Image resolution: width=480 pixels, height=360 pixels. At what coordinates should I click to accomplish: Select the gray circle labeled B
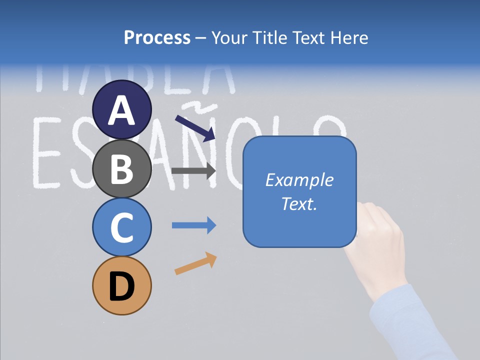click(122, 168)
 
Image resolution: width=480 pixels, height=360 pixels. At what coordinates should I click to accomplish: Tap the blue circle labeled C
click(122, 227)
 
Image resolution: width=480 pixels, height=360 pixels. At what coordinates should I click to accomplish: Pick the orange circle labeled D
click(122, 285)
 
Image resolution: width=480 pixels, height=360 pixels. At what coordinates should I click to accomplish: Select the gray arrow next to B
click(193, 170)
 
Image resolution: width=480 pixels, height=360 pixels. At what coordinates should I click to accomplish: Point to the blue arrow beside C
click(194, 225)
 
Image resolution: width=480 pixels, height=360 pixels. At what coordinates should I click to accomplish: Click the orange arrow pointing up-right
click(196, 263)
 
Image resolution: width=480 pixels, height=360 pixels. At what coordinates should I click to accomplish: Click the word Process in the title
click(157, 37)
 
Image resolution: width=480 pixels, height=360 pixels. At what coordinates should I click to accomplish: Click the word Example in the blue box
click(299, 180)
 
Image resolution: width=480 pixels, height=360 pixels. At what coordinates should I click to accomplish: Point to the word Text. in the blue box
click(299, 203)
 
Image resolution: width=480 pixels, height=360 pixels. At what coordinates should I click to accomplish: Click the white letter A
click(122, 110)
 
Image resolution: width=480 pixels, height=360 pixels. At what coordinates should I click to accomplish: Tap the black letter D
click(122, 286)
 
